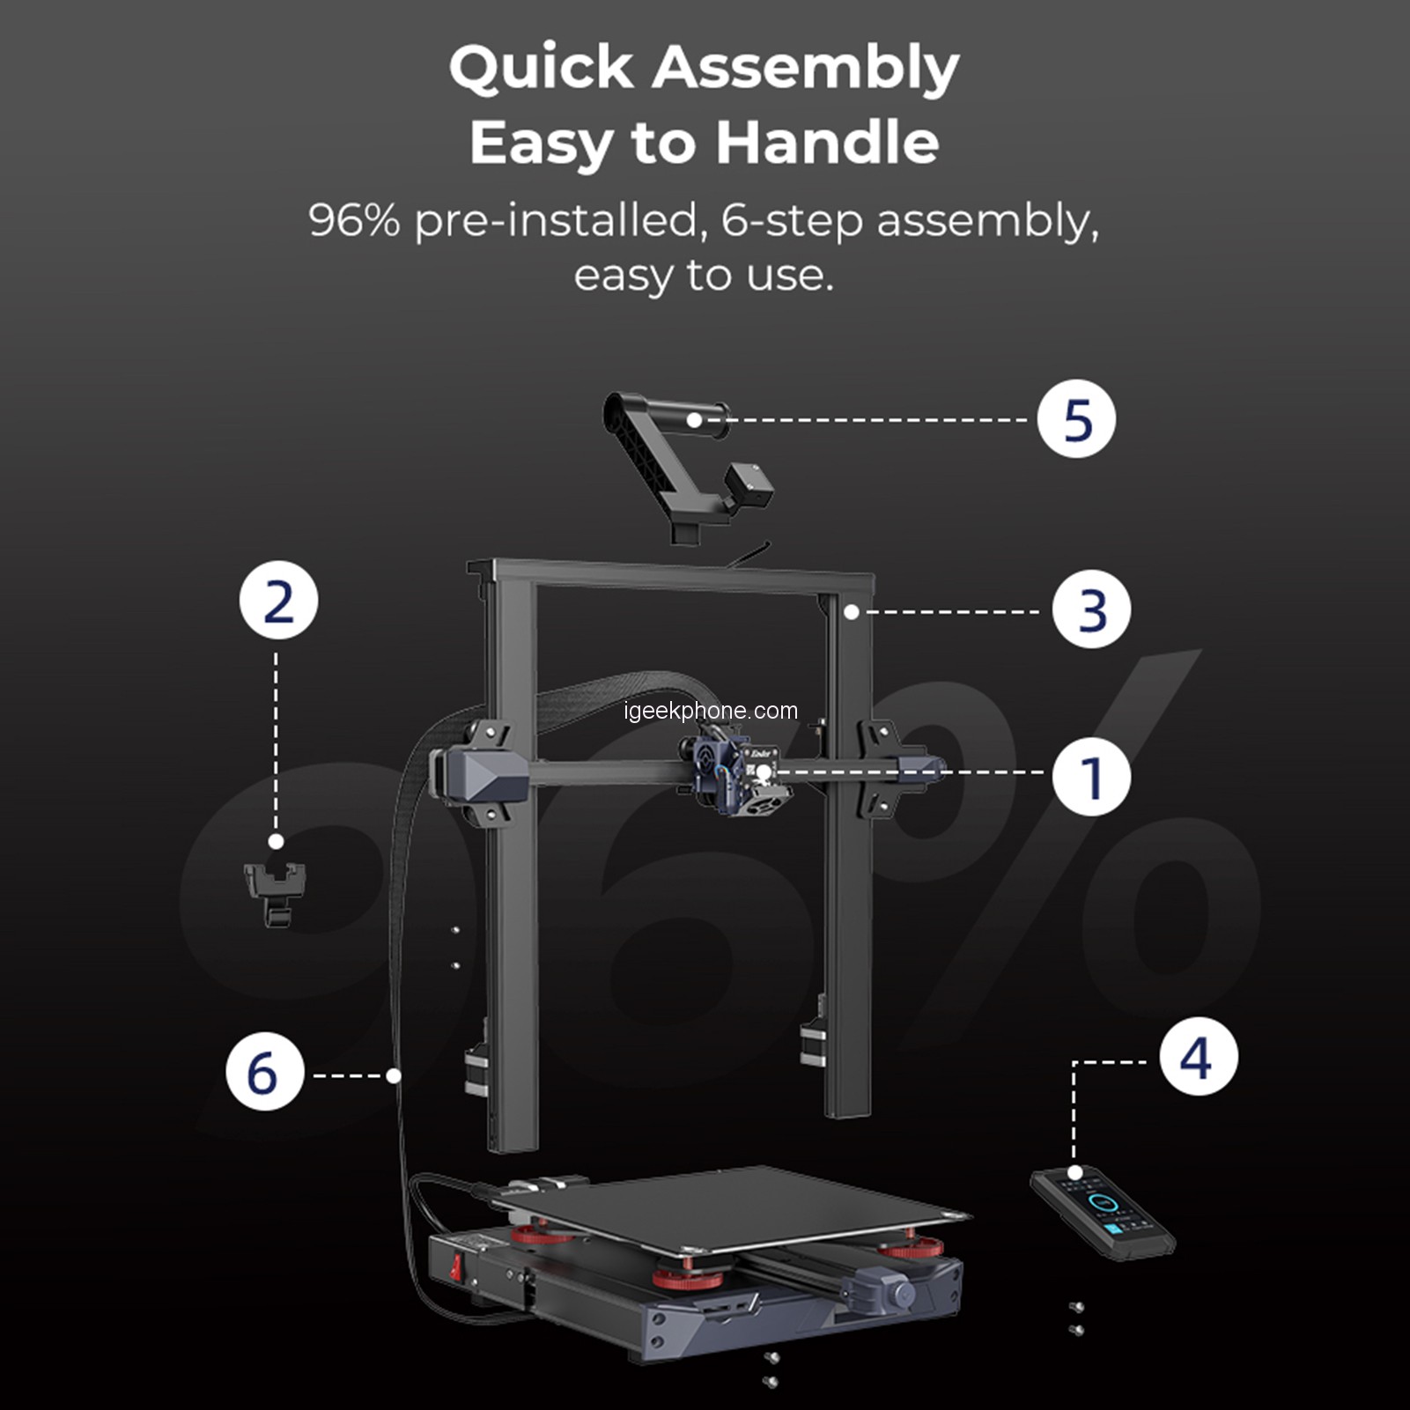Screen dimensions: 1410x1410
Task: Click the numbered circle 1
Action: (x=1091, y=778)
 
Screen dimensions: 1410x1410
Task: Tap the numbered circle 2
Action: (x=278, y=601)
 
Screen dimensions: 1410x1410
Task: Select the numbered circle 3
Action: (x=1092, y=610)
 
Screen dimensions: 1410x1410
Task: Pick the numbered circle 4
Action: (x=1199, y=1057)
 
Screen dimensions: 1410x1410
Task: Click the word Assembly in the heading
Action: (x=805, y=68)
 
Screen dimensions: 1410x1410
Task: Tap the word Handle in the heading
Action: (x=827, y=142)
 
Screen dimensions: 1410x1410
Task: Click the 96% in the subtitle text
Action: (x=354, y=219)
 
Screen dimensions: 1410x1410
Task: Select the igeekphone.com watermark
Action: (x=711, y=711)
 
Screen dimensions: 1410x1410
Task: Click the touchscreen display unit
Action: (x=1104, y=1212)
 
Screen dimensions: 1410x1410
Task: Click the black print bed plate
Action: (x=731, y=1208)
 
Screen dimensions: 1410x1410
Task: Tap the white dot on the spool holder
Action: (x=694, y=420)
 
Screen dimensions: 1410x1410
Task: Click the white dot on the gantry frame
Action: (x=851, y=611)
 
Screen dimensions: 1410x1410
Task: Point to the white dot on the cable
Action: (x=394, y=1075)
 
